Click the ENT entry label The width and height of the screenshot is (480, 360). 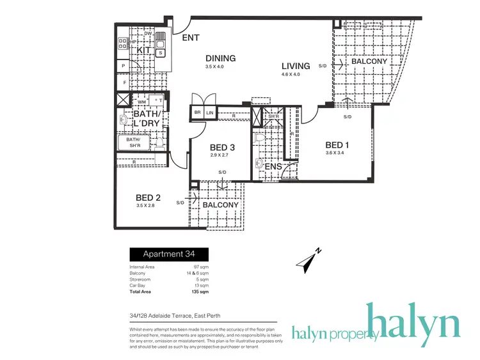coord(191,38)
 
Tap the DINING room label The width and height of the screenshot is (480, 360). coord(220,58)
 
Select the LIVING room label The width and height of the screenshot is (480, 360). coord(296,66)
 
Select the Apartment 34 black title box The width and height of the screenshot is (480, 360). coord(170,253)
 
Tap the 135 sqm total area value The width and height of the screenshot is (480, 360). coord(200,291)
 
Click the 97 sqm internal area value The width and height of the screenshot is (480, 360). coord(202,266)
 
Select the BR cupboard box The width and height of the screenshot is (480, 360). coord(197,113)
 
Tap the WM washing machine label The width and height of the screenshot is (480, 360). coord(141,101)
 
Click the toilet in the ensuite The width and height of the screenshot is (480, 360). coord(260,137)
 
